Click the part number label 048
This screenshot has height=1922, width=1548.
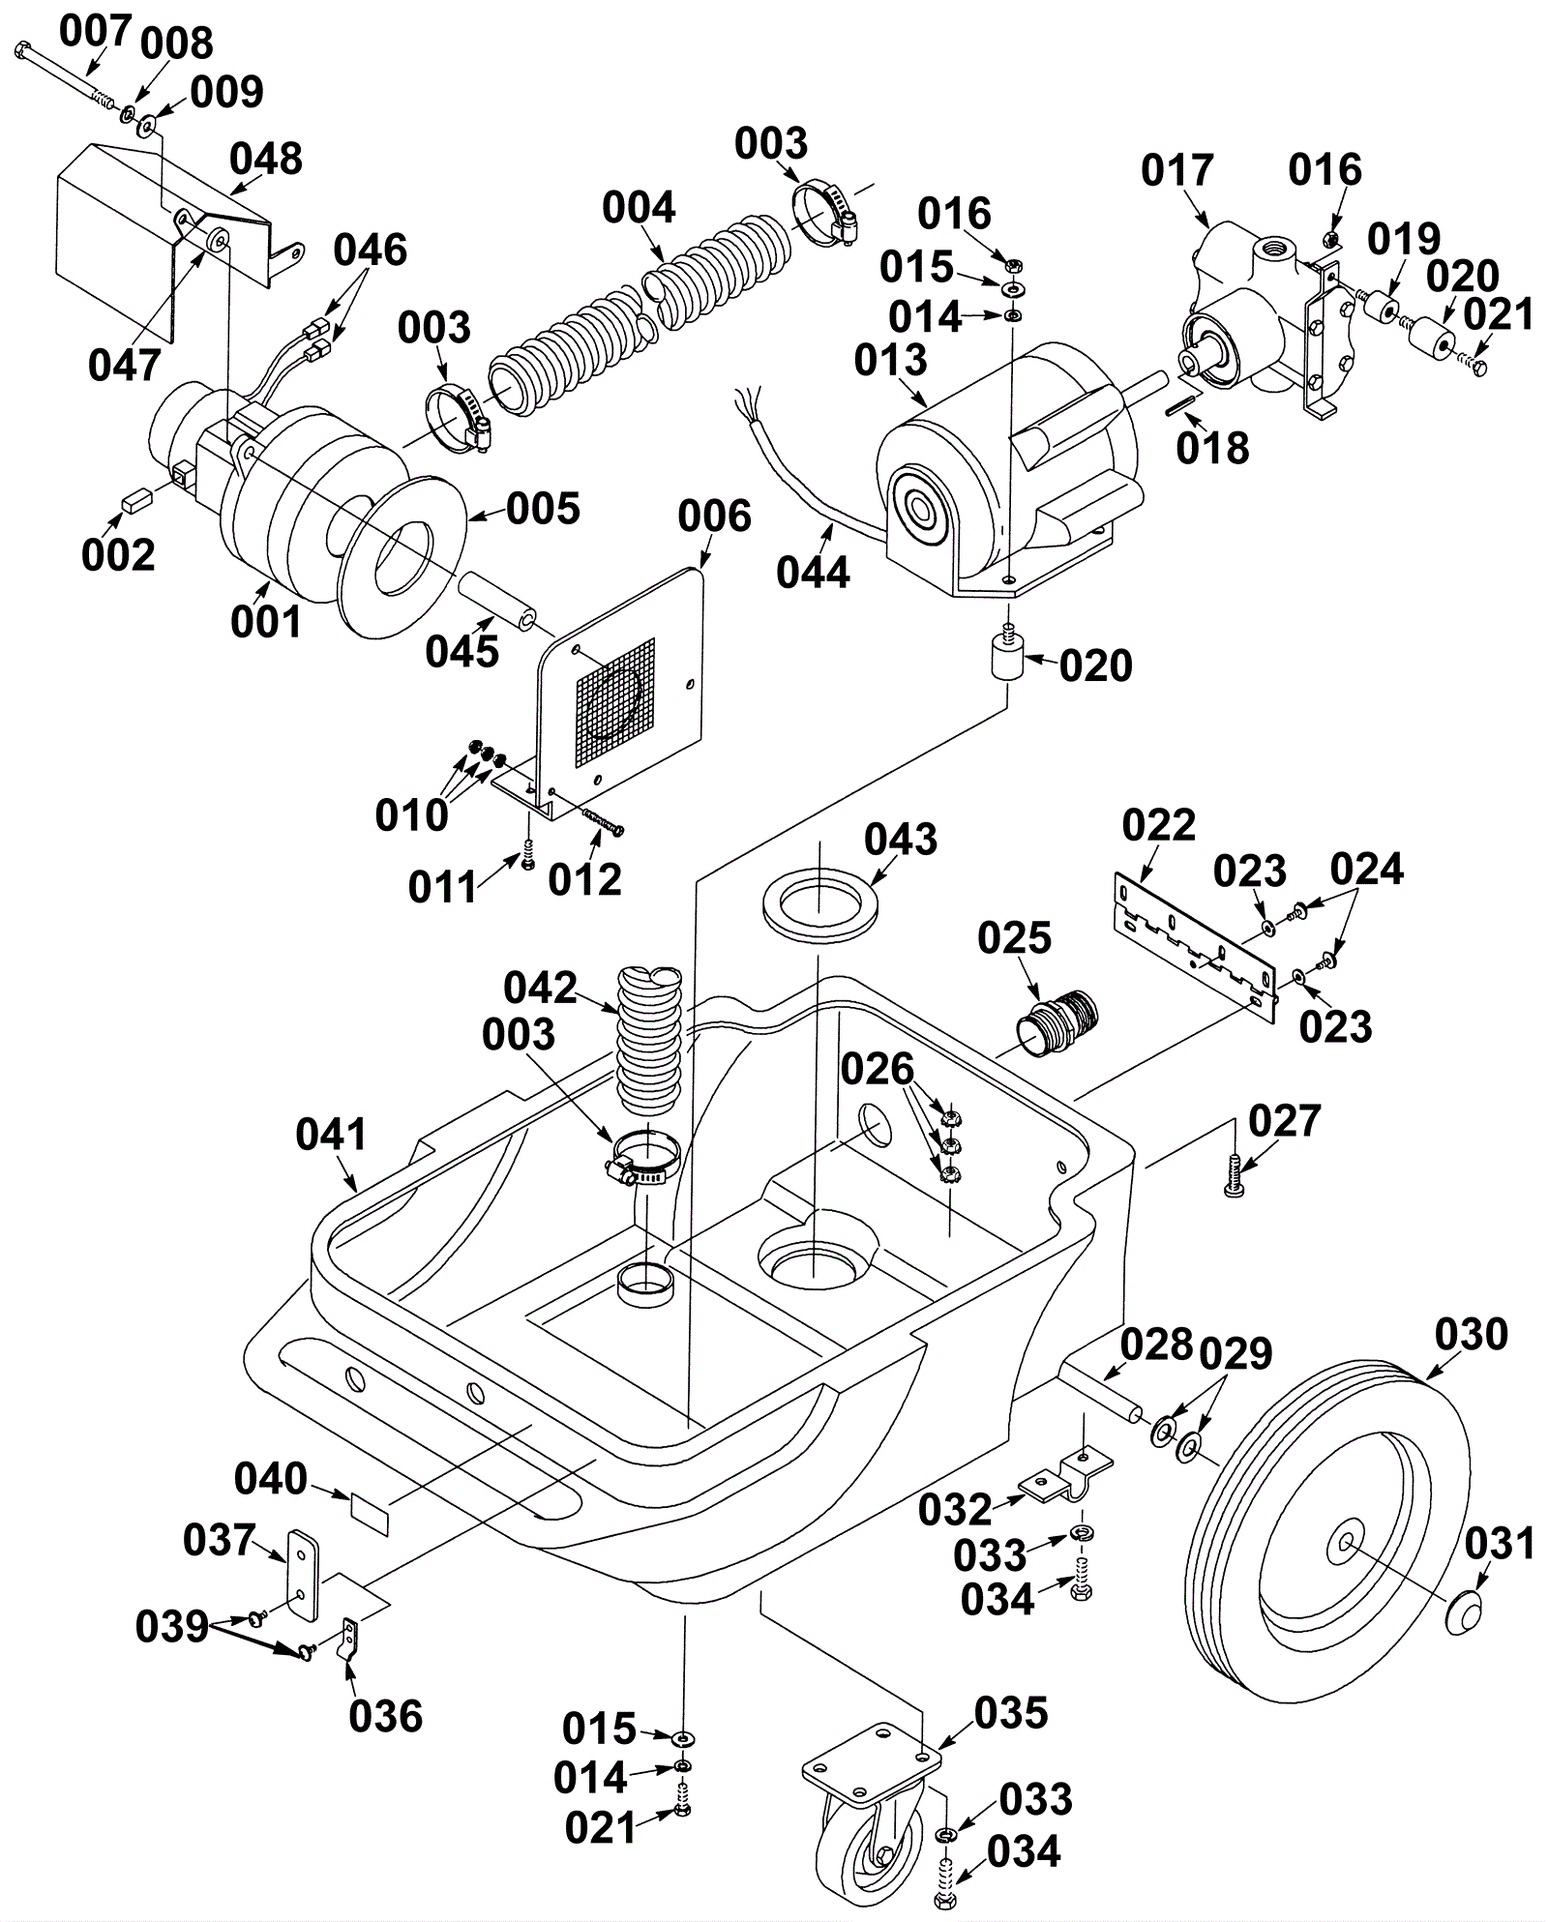click(266, 158)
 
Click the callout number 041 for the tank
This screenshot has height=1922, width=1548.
click(332, 1134)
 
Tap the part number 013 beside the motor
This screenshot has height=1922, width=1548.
click(890, 360)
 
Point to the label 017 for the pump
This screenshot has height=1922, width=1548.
click(1176, 170)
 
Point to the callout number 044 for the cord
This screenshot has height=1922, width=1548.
click(813, 572)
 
